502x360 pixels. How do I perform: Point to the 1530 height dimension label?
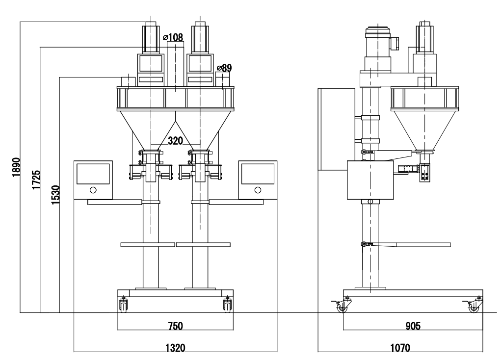pyautogui.click(x=55, y=194)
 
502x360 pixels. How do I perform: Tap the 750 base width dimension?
pyautogui.click(x=175, y=325)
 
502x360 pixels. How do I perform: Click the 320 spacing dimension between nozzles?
pyautogui.click(x=175, y=141)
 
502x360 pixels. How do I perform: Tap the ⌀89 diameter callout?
pyautogui.click(x=224, y=68)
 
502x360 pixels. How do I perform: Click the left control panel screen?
pyautogui.click(x=93, y=173)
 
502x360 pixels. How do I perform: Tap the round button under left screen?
pyautogui.click(x=93, y=190)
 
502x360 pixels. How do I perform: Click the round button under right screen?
pyautogui.click(x=258, y=190)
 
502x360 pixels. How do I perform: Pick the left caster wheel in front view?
pyautogui.click(x=123, y=306)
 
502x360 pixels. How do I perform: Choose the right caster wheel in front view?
pyautogui.click(x=227, y=306)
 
